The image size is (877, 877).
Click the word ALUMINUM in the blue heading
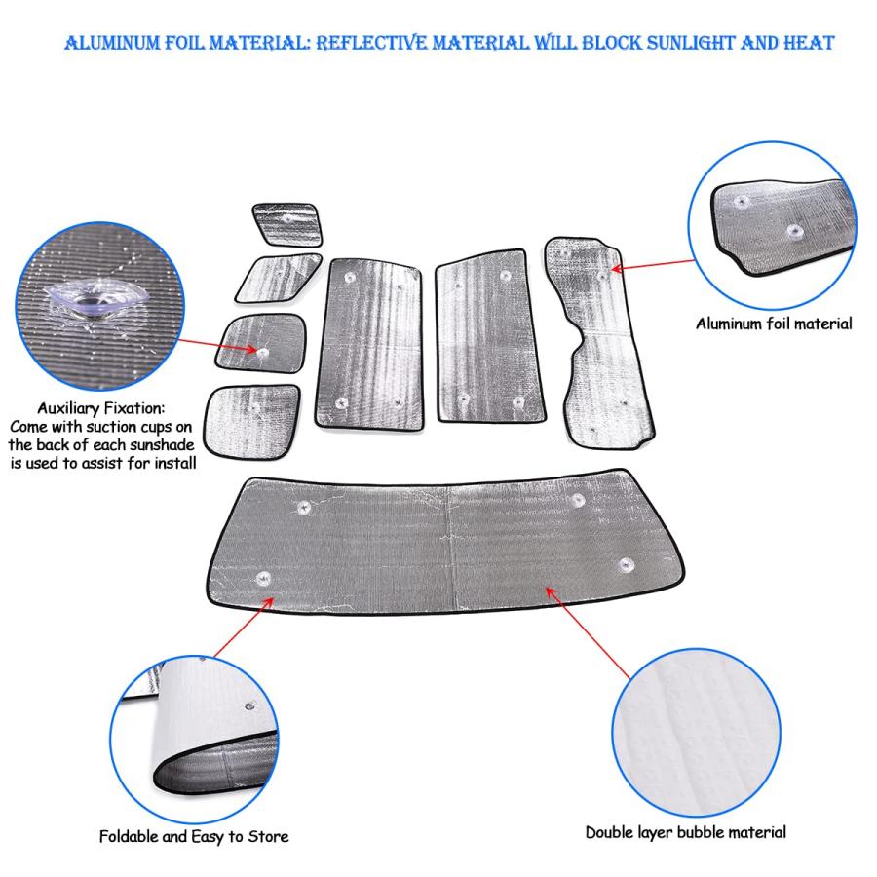pyautogui.click(x=112, y=43)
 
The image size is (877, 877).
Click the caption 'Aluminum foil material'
pyautogui.click(x=774, y=324)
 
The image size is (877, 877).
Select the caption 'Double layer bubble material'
pyautogui.click(x=686, y=832)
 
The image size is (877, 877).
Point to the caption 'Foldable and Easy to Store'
pyautogui.click(x=194, y=837)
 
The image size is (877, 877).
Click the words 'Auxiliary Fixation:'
pyautogui.click(x=101, y=408)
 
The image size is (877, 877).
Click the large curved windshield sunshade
pyautogui.click(x=445, y=542)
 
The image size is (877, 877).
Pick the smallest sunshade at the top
pyautogui.click(x=286, y=224)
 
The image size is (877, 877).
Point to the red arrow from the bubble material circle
pyautogui.click(x=588, y=632)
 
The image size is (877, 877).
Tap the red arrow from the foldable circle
pyautogui.click(x=244, y=627)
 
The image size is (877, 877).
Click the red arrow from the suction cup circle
pyautogui.click(x=218, y=345)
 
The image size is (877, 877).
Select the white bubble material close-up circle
pyautogui.click(x=696, y=733)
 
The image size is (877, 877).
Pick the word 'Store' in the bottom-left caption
pyautogui.click(x=269, y=837)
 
